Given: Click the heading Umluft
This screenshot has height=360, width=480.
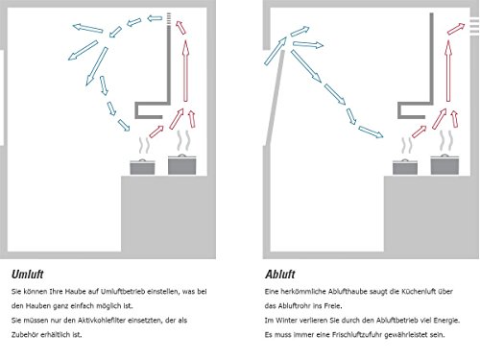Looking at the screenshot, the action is point(27,275).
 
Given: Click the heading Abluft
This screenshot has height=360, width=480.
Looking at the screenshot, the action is point(280,275).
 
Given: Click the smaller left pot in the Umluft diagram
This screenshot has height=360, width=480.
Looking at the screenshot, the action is point(142,167).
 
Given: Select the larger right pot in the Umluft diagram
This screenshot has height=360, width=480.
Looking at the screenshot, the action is point(182,164).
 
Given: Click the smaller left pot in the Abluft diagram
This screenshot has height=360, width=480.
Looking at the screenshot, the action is point(405,167).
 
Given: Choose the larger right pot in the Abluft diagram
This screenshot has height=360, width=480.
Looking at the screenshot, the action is point(444,164).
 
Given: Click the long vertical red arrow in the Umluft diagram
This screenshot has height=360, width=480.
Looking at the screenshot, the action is point(185,71).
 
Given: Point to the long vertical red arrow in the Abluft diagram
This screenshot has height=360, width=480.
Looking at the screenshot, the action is point(448,71).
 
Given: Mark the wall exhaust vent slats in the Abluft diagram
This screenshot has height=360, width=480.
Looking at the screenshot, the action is point(474,26).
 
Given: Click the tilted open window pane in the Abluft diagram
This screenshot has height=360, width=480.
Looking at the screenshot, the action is point(275,97).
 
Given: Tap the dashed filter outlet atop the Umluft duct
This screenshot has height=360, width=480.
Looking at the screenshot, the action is point(169,19).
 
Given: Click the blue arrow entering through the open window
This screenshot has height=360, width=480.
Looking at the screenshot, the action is point(276,51).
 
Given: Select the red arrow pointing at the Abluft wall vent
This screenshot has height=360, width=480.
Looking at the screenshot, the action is point(456,29).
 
